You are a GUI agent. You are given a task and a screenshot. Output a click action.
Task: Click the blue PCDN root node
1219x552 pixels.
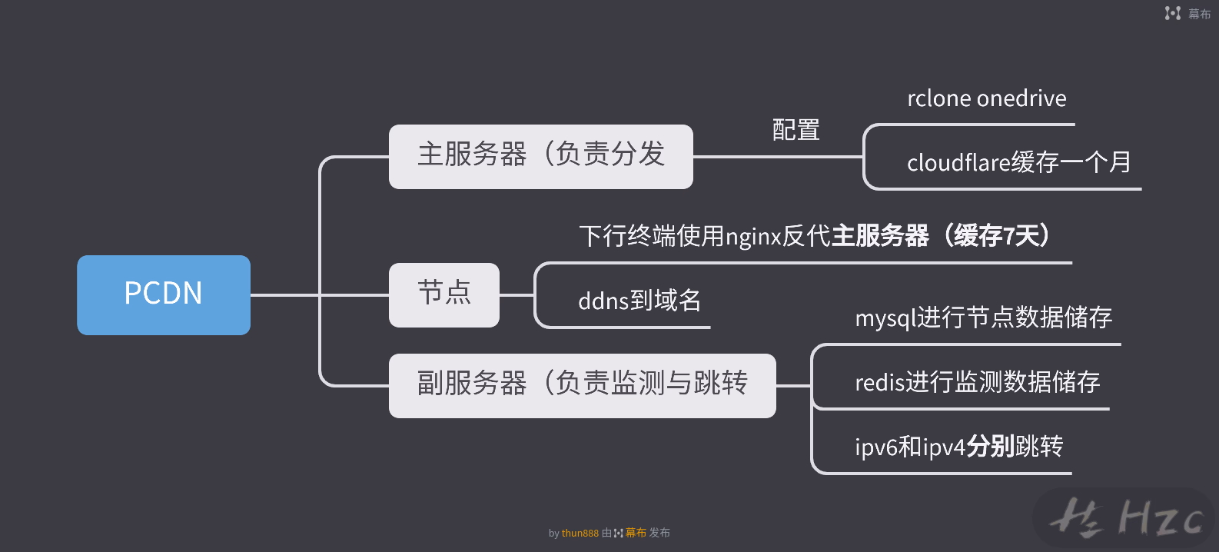(164, 295)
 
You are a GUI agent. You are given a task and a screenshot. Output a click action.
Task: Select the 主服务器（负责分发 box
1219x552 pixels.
(541, 157)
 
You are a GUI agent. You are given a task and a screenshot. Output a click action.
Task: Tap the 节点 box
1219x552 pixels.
(444, 295)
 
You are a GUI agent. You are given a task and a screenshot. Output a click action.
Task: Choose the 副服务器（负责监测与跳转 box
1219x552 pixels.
(583, 386)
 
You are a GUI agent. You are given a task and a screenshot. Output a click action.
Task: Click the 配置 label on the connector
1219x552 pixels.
(796, 130)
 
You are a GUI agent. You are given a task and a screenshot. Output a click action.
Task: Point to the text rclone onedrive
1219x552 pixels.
(987, 98)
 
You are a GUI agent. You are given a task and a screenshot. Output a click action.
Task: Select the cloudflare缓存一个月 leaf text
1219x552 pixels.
(1018, 162)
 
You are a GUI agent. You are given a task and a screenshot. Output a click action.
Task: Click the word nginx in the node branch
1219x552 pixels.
(754, 237)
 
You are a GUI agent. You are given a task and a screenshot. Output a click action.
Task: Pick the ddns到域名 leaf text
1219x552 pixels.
(639, 301)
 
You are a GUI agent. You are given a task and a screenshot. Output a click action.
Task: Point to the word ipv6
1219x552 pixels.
(876, 447)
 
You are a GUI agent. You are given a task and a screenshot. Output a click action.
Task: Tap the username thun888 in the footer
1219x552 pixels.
(580, 533)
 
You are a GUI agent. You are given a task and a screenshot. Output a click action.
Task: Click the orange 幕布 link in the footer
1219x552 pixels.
(636, 533)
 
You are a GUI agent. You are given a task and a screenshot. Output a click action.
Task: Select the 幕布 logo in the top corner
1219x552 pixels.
(1187, 14)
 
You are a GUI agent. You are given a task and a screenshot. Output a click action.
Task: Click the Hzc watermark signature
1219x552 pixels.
(1125, 517)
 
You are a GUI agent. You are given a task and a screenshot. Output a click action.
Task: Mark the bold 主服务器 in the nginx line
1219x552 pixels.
(880, 236)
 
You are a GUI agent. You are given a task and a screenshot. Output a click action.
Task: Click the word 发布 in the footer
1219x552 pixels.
(659, 533)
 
